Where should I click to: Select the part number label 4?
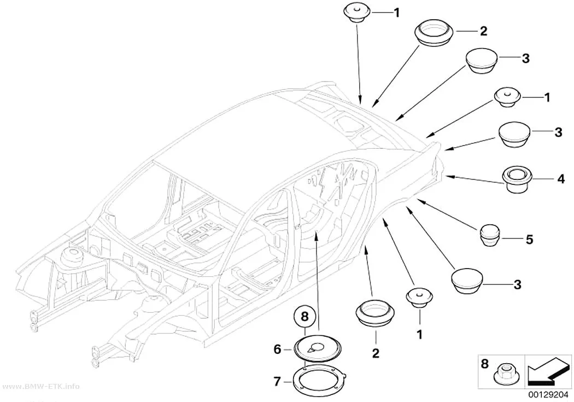point(561,179)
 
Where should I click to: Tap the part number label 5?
point(529,240)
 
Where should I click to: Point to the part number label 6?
point(278,349)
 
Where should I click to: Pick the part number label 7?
point(278,382)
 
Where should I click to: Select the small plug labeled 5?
point(490,236)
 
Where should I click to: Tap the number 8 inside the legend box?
point(484,364)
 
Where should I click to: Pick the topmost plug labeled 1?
point(358,13)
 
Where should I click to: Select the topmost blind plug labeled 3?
point(482,60)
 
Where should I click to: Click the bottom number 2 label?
point(376,353)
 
